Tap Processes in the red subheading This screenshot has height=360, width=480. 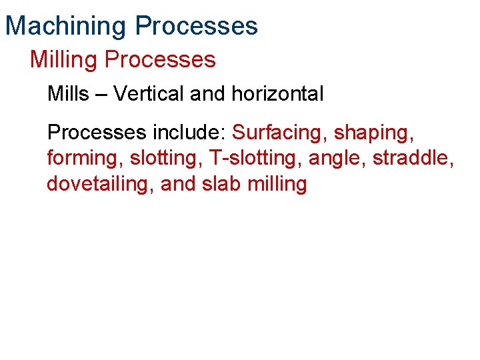point(160,60)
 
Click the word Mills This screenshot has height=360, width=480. point(68,94)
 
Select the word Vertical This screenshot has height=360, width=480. point(149,94)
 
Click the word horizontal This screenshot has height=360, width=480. point(277,94)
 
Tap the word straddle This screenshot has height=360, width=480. point(412,159)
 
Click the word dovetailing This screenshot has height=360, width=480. point(100,184)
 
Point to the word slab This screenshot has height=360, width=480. point(221,183)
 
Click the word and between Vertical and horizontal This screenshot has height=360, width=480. point(207,94)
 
